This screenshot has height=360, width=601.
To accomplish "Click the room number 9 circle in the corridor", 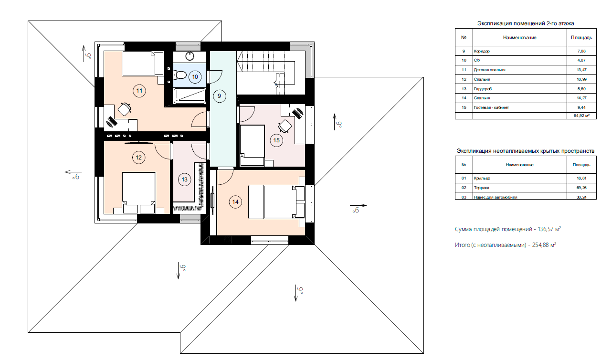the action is (219, 96).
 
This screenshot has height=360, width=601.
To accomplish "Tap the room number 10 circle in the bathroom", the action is (195, 77).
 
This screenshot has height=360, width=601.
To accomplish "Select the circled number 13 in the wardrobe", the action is (185, 180).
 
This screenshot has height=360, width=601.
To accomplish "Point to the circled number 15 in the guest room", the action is (276, 140).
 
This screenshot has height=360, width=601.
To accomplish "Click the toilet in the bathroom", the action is (180, 75).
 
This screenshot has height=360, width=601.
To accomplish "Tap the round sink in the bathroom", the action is (190, 56).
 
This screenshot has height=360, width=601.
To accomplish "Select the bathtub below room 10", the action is (190, 96).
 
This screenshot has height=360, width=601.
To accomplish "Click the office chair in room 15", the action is (285, 126).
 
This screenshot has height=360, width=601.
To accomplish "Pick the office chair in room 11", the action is (125, 109).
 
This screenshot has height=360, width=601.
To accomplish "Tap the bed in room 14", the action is (276, 202).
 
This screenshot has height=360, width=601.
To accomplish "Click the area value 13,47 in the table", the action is (582, 70).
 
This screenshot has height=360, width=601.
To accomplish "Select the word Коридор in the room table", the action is (482, 51).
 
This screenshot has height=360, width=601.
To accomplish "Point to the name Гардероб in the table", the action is (483, 89).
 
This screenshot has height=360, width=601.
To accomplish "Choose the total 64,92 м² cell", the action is (581, 116).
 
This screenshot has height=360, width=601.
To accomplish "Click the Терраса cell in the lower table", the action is (481, 188).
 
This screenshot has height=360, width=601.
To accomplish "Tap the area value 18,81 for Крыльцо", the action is (581, 178).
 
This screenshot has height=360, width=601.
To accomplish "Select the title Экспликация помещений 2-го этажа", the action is (526, 23).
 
